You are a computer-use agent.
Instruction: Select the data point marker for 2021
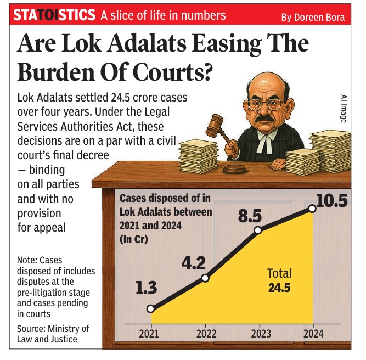(151, 309)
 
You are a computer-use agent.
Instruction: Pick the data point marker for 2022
(205, 278)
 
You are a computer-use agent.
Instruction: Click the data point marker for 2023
(258, 230)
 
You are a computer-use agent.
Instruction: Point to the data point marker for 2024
(312, 209)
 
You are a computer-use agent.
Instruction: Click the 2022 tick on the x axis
(205, 333)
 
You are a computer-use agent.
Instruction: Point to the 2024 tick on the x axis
(312, 333)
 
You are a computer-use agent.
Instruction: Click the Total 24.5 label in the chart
(279, 280)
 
